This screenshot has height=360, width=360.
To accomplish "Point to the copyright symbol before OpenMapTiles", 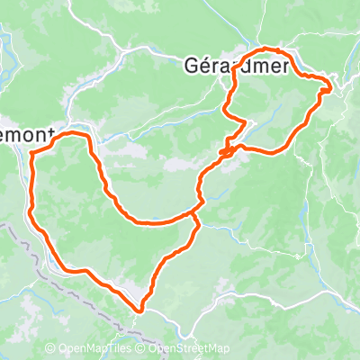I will [50, 349].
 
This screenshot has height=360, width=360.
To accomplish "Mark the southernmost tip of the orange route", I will [140, 311].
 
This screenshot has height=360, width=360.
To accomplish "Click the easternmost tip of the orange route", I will [331, 86].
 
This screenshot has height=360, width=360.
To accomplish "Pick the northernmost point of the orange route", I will [270, 48].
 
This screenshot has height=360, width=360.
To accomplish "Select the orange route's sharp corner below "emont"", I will [33, 153].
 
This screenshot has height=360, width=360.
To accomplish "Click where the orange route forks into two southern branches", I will [195, 216].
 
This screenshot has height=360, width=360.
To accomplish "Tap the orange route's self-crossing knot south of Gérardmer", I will [227, 151].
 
